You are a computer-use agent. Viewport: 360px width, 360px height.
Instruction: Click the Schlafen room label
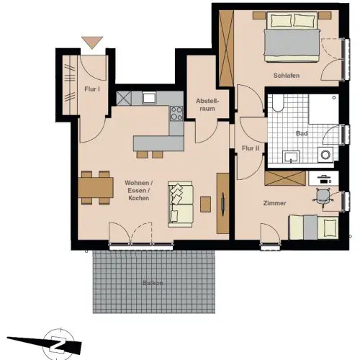pyautogui.click(x=287, y=76)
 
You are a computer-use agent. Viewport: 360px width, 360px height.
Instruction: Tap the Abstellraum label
pyautogui.click(x=207, y=104)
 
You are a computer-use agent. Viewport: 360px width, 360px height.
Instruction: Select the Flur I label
pyautogui.click(x=92, y=89)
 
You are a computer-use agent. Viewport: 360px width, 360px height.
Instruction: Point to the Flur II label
pyautogui.click(x=251, y=148)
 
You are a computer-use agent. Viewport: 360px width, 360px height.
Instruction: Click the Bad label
pyautogui.click(x=302, y=133)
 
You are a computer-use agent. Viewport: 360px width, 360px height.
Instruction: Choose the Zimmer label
pyautogui.click(x=274, y=203)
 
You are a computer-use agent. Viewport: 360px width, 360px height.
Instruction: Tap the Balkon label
pyautogui.click(x=153, y=283)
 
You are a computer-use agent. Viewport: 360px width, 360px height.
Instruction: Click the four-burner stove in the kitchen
pyautogui.click(x=176, y=114)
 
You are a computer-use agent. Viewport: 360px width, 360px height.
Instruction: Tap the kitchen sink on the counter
pyautogui.click(x=149, y=98)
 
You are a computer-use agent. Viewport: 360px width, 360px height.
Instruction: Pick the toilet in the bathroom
pyautogui.click(x=278, y=103)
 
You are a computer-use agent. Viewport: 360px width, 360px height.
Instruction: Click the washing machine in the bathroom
pyautogui.click(x=325, y=155)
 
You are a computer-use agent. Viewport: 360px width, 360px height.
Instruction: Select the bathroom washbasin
pyautogui.click(x=291, y=157)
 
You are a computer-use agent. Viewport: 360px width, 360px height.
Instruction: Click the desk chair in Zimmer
pyautogui.click(x=323, y=197)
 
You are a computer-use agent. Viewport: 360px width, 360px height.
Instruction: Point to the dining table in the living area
pyautogui.click(x=96, y=187)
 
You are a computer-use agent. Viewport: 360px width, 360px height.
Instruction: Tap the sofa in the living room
pyautogui.click(x=181, y=204)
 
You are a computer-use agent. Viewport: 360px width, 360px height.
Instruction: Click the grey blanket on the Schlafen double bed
pyautogui.click(x=292, y=42)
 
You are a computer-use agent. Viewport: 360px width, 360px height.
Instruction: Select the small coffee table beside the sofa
pyautogui.click(x=206, y=204)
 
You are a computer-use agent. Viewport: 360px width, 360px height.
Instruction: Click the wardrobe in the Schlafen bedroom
pyautogui.click(x=226, y=48)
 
